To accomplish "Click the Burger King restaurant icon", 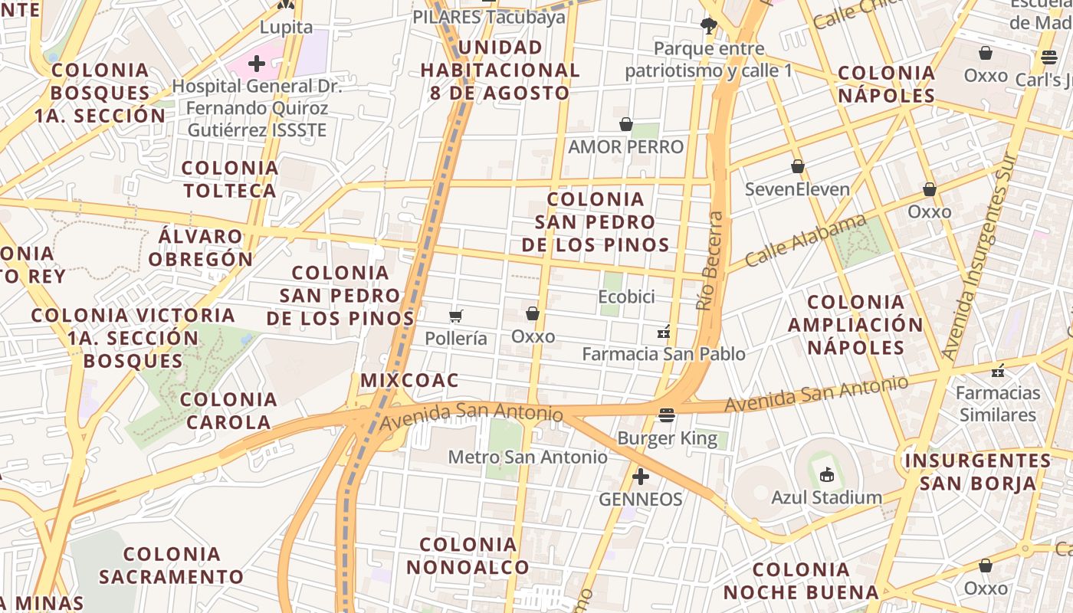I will pyautogui.click(x=667, y=415).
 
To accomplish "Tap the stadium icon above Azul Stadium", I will pyautogui.click(x=826, y=475).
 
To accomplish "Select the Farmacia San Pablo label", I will pyautogui.click(x=664, y=354).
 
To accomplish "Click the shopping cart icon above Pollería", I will pyautogui.click(x=456, y=316).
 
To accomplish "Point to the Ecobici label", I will pyautogui.click(x=627, y=297).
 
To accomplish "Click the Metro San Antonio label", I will pyautogui.click(x=527, y=457).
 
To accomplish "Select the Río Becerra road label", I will pyautogui.click(x=710, y=261).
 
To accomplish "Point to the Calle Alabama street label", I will pyautogui.click(x=805, y=241).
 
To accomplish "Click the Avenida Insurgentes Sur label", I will pyautogui.click(x=980, y=257).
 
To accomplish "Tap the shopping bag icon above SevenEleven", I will pyautogui.click(x=798, y=166).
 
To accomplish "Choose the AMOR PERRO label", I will pyautogui.click(x=626, y=146).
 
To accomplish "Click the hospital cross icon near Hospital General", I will pyautogui.click(x=257, y=63).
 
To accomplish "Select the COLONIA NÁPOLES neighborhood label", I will pyautogui.click(x=887, y=84).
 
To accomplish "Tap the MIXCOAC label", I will pyautogui.click(x=409, y=380).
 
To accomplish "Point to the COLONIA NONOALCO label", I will pyautogui.click(x=468, y=556).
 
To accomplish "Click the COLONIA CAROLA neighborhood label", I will pyautogui.click(x=228, y=410).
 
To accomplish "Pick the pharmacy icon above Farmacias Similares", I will pyautogui.click(x=998, y=371).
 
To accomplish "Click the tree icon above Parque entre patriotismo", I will pyautogui.click(x=709, y=26).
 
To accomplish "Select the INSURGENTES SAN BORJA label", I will pyautogui.click(x=978, y=472).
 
